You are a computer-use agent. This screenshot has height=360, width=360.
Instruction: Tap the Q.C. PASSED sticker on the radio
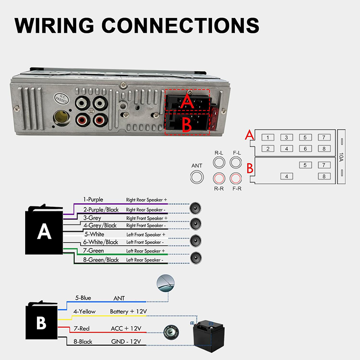[61, 98]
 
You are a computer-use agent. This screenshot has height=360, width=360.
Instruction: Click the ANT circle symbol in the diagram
[197, 177]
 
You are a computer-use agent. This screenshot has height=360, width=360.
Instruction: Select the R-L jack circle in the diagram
[219, 163]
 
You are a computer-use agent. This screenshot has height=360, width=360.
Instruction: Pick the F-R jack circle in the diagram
[236, 178]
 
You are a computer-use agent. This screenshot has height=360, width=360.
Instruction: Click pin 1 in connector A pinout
[268, 138]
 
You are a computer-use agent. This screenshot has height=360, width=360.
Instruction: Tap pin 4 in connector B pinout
[286, 176]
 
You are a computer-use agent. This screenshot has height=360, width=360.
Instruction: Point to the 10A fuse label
[342, 157]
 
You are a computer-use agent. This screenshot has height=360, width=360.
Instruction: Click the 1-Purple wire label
[94, 199]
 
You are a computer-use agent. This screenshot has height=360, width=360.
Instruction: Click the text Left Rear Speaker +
[145, 251]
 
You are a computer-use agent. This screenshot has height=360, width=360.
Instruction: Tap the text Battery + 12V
[129, 311]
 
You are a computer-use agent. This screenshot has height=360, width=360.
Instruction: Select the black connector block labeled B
[41, 322]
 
